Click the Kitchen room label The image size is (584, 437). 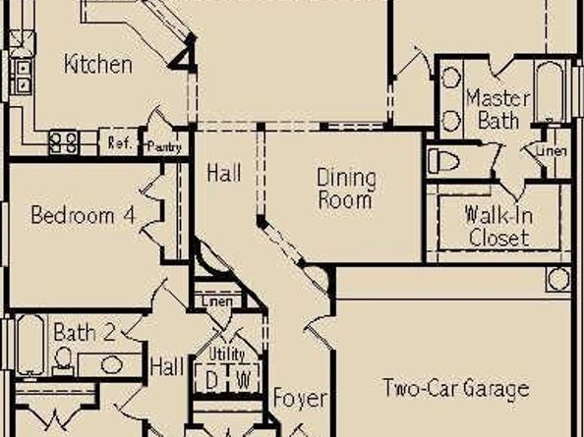tap(97, 65)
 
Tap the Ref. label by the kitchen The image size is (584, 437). tap(120, 143)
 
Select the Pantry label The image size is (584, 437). tap(163, 145)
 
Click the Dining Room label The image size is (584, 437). tap(345, 189)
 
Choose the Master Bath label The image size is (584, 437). tap(497, 109)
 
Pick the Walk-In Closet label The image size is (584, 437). tap(498, 226)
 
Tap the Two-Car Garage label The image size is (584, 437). tap(455, 388)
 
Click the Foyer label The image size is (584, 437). tap(299, 399)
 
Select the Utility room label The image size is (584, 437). tap(227, 354)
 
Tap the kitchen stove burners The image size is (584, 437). tap(65, 142)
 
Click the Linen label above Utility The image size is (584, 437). tap(217, 300)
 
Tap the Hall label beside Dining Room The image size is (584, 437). tap(224, 173)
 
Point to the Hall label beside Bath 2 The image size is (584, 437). tap(167, 369)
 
